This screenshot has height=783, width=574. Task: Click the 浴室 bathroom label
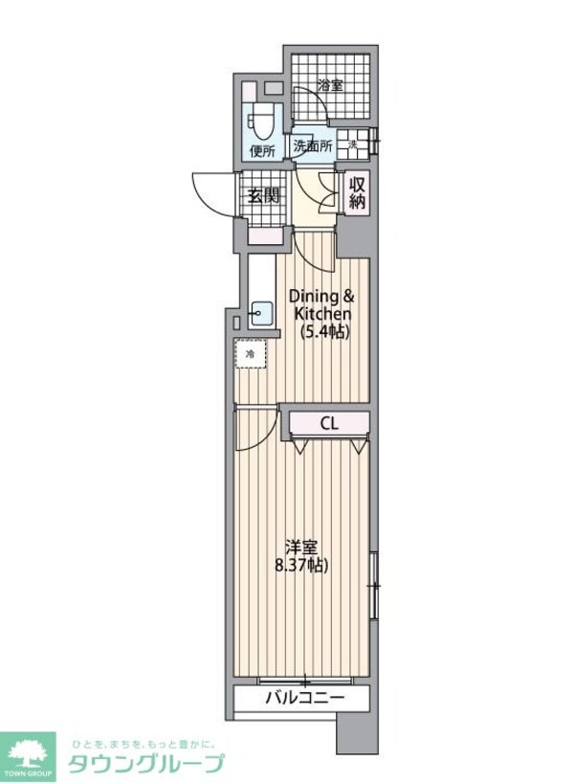point(330,83)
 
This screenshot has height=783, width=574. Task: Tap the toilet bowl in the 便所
point(261,123)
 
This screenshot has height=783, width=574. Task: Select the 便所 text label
point(262,150)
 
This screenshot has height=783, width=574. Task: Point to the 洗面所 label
point(313,147)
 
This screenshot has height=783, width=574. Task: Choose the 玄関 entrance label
point(263,196)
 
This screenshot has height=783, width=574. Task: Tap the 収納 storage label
point(357,193)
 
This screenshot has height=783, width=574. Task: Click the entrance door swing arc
point(212,191)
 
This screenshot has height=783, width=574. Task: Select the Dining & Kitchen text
point(323,305)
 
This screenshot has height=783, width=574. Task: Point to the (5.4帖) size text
point(323,332)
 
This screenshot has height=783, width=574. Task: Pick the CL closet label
point(328,422)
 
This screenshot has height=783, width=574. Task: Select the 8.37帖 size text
point(302,566)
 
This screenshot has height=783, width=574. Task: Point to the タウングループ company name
point(145,763)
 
